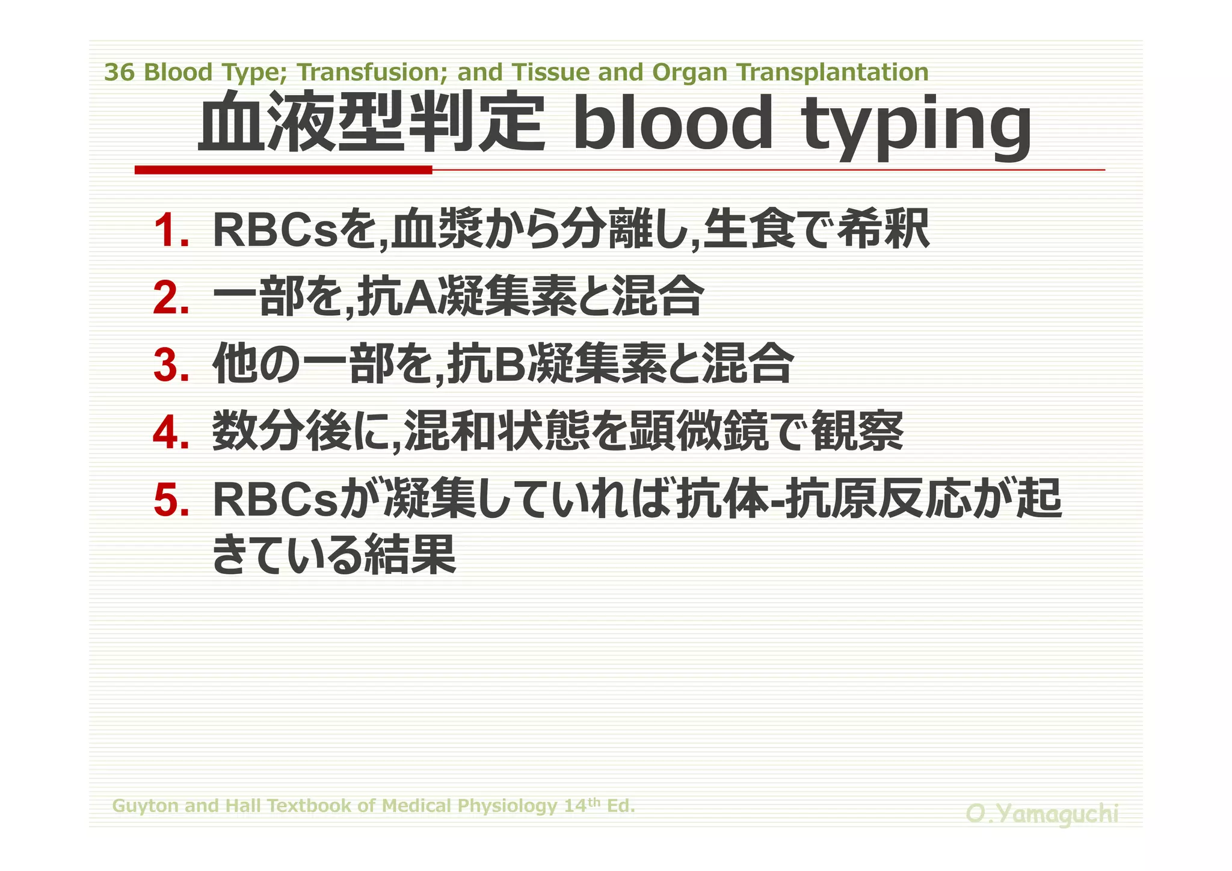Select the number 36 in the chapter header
119,73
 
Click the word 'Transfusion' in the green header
373,73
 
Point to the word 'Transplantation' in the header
833,73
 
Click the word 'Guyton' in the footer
145,806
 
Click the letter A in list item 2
421,298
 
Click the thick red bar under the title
283,170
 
